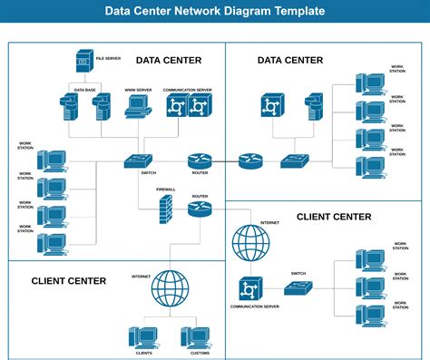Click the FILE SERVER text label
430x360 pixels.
108,57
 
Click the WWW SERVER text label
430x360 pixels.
137,90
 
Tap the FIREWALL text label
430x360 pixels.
166,190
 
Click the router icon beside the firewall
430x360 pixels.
200,209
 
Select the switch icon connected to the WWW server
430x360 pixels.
141,161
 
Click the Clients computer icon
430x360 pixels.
143,336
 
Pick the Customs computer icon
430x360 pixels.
194,336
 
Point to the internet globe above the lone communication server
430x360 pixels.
251,243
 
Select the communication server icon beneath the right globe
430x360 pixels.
249,288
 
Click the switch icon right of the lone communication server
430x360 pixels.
298,288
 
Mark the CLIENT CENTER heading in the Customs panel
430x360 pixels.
69,280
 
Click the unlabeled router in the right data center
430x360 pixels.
249,161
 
